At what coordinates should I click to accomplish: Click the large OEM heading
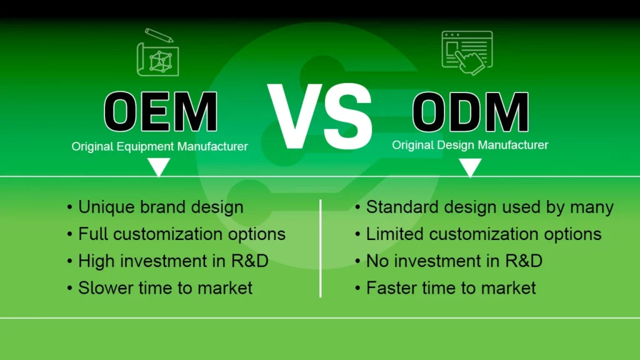pos(160,112)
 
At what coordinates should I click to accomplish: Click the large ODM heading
pos(470,112)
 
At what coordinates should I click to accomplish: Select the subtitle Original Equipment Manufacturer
pos(160,147)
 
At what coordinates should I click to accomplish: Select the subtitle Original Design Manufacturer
pos(470,145)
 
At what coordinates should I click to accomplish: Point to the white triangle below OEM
pos(159,166)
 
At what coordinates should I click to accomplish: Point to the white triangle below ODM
pos(470,166)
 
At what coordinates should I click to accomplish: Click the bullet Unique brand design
pos(161,207)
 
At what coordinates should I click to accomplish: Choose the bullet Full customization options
pos(181,234)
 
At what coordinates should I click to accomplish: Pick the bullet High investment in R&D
pos(173,261)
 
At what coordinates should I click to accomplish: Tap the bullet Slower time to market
pos(165,287)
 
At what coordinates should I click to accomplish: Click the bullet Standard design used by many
pos(489,207)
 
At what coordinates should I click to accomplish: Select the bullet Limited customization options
pos(483,234)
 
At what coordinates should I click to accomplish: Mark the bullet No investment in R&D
pos(454,261)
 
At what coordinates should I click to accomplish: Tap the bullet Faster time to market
pos(451,287)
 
